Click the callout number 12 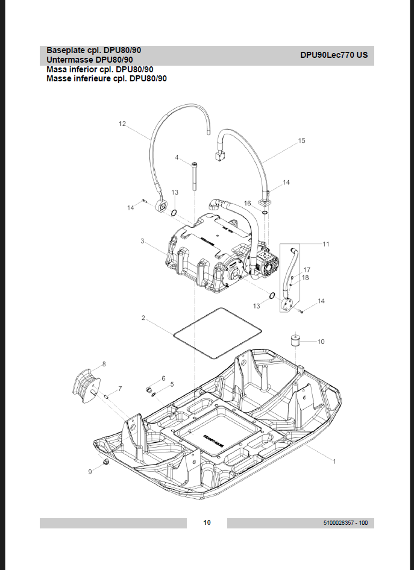click(122, 124)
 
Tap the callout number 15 click(302, 141)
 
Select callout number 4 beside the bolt click(177, 157)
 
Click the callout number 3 click(142, 241)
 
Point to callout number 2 click(143, 318)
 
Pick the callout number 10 click(321, 342)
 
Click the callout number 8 click(104, 364)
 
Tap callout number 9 click(90, 472)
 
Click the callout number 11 click(326, 244)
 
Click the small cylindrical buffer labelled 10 click(296, 341)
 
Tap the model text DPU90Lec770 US click(334, 55)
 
